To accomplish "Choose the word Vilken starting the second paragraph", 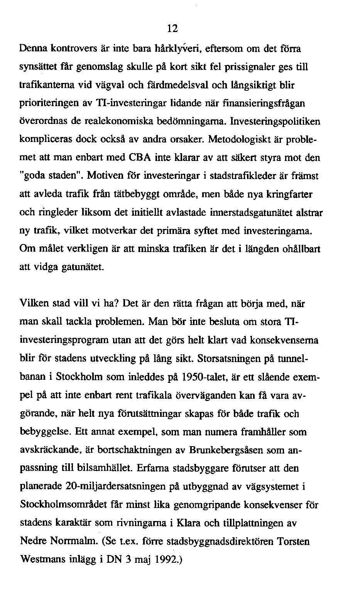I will coord(34,304).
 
